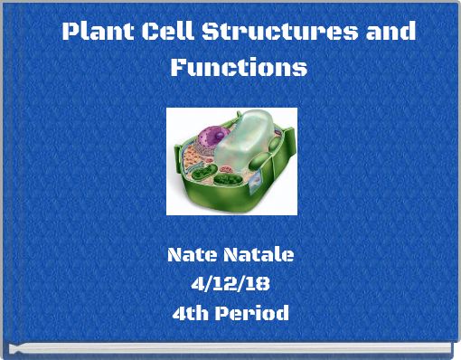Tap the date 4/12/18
click(x=230, y=285)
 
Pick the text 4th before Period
click(x=191, y=314)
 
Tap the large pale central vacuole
click(x=243, y=145)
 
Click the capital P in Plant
click(x=70, y=33)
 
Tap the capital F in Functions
click(x=178, y=68)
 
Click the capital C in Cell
click(x=151, y=33)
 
